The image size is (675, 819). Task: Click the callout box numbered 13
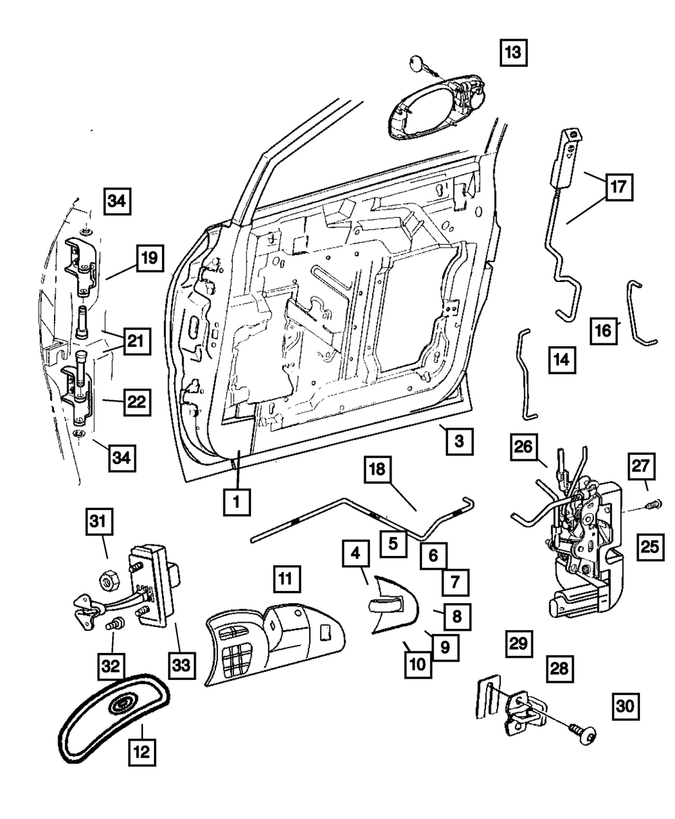pos(513,53)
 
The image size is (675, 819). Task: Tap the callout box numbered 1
pos(237,502)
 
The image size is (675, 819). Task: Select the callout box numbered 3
pos(460,442)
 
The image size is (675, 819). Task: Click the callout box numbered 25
pos(650,546)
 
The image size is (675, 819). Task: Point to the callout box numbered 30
pos(626,706)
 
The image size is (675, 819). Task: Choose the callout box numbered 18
pos(377,469)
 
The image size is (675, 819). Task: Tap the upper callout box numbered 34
pos(117,202)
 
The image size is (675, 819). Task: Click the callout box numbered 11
pos(288,579)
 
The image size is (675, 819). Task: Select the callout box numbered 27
pos(641,466)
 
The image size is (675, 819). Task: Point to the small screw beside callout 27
pos(654,504)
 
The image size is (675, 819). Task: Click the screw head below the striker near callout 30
pos(584,731)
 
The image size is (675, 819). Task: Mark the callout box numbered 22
pos(137,403)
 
